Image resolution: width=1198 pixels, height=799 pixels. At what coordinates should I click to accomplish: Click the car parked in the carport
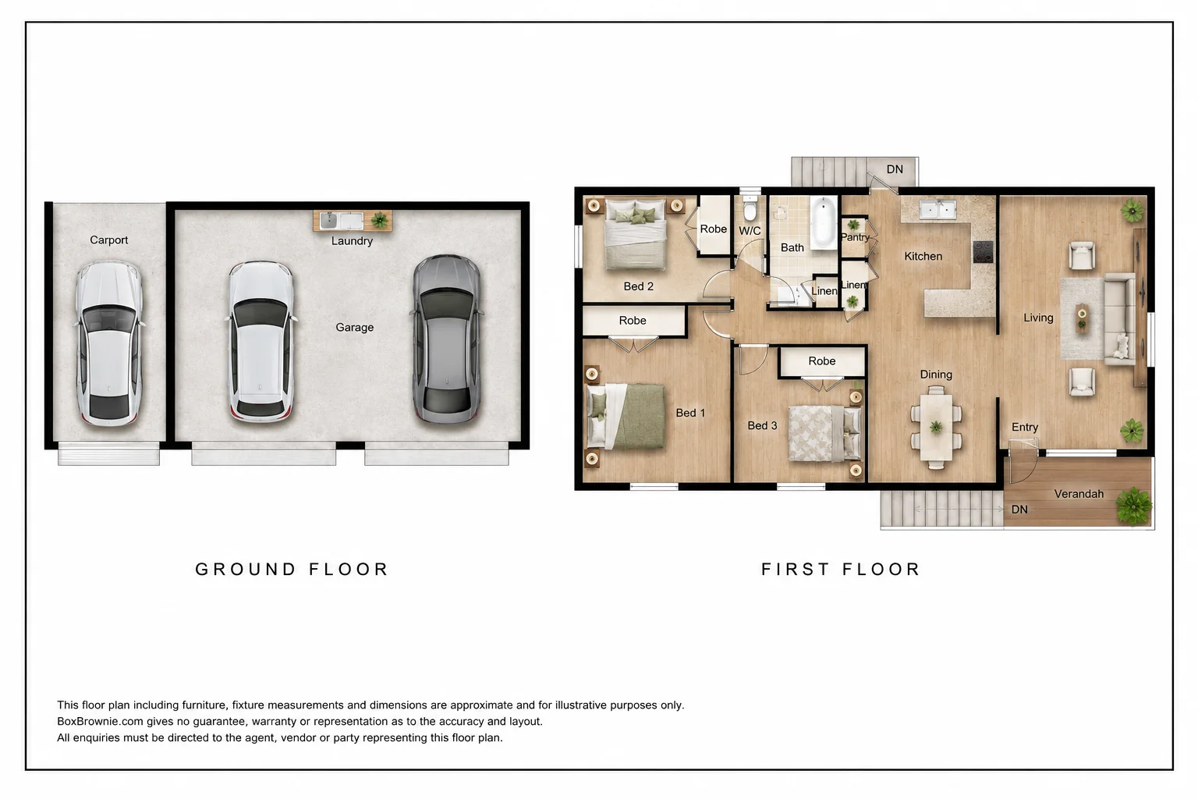click(x=109, y=343)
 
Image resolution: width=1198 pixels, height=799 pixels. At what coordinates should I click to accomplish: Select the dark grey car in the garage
click(x=447, y=339)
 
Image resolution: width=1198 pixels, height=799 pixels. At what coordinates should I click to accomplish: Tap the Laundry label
click(x=352, y=241)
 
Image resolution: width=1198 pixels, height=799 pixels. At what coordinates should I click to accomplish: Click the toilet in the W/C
click(x=750, y=208)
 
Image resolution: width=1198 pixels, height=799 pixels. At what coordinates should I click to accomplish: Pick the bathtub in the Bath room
click(x=824, y=222)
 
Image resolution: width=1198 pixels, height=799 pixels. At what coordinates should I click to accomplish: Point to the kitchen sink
click(x=937, y=208)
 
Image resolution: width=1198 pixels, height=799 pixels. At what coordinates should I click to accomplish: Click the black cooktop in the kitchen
click(x=983, y=251)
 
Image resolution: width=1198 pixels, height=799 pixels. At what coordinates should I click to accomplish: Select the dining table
click(x=936, y=427)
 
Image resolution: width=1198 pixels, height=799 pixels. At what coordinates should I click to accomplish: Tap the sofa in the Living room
click(x=1119, y=319)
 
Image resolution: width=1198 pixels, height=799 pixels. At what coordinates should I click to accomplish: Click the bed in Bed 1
click(x=626, y=416)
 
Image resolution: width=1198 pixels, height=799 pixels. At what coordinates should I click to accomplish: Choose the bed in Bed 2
click(x=636, y=234)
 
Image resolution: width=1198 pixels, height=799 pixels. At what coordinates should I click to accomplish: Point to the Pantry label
click(x=855, y=237)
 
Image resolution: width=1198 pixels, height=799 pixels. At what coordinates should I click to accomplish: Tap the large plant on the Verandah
click(x=1133, y=506)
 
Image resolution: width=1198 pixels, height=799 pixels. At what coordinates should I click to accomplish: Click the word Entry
click(x=1025, y=427)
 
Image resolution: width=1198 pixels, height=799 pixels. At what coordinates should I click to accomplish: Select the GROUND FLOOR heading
click(x=292, y=569)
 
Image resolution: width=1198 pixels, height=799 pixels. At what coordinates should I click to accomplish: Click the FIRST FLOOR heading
click(x=840, y=569)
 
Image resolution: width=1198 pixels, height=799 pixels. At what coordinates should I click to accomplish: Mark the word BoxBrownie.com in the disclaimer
click(x=101, y=722)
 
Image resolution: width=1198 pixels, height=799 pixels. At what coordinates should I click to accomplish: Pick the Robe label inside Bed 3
click(x=822, y=361)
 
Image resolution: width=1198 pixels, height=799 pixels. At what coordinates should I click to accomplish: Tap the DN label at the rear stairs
click(x=895, y=169)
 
